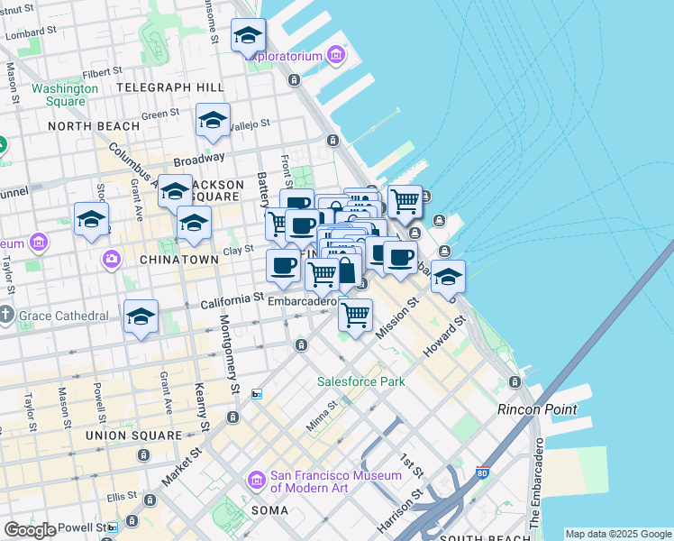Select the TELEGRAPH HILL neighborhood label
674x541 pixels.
tap(169, 87)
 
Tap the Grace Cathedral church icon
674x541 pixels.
tap(7, 316)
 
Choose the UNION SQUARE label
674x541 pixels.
tap(133, 436)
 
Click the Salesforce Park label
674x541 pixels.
tap(360, 381)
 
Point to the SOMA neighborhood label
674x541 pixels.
tap(269, 510)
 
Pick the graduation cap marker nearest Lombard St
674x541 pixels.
tap(248, 36)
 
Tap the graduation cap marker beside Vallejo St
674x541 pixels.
tap(213, 120)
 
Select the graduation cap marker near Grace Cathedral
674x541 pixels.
tap(141, 316)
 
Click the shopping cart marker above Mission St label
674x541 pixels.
tap(356, 315)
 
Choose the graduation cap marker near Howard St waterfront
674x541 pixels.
tap(448, 277)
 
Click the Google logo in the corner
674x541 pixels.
tap(30, 530)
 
